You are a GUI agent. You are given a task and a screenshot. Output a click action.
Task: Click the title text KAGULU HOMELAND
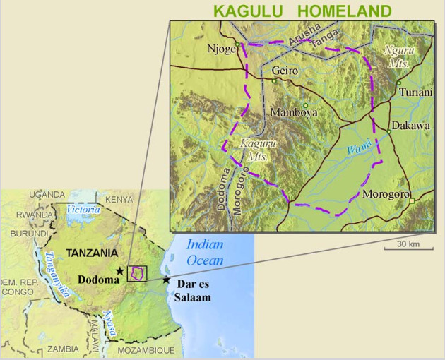tap(302, 11)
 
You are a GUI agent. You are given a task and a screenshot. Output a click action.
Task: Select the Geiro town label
tap(285, 71)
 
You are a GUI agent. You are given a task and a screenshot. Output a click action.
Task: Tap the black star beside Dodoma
tap(120, 270)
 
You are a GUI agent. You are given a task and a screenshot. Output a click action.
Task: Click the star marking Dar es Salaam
tap(166, 280)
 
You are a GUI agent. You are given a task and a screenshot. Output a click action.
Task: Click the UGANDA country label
tap(47, 194)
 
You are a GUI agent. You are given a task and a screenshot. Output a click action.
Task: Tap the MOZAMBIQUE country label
tap(144, 350)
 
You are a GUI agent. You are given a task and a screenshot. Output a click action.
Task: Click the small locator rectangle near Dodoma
tap(137, 273)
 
